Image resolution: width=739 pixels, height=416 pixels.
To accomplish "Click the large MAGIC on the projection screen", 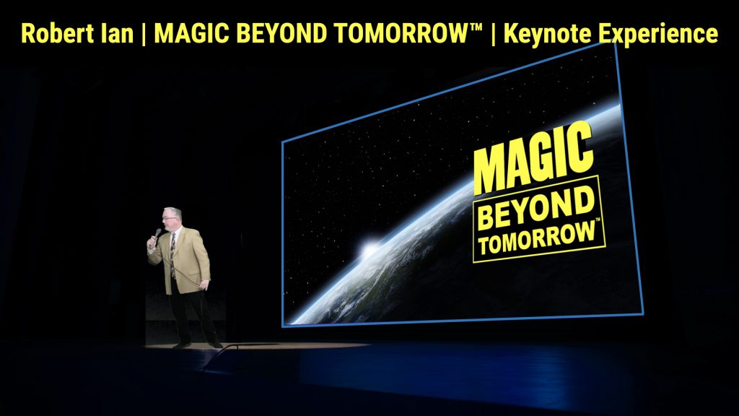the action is coord(533,158).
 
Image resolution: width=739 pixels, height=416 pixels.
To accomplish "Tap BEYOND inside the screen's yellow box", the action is coord(536,207).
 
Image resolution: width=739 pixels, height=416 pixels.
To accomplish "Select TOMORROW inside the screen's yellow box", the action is coord(537,238).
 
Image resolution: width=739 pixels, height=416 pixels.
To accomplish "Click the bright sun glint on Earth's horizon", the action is coord(370,249).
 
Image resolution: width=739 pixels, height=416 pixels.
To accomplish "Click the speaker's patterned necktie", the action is coord(173,255).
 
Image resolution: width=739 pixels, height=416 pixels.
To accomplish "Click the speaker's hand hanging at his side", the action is coord(204,285).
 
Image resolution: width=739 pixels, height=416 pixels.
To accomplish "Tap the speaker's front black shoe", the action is coord(181,344).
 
